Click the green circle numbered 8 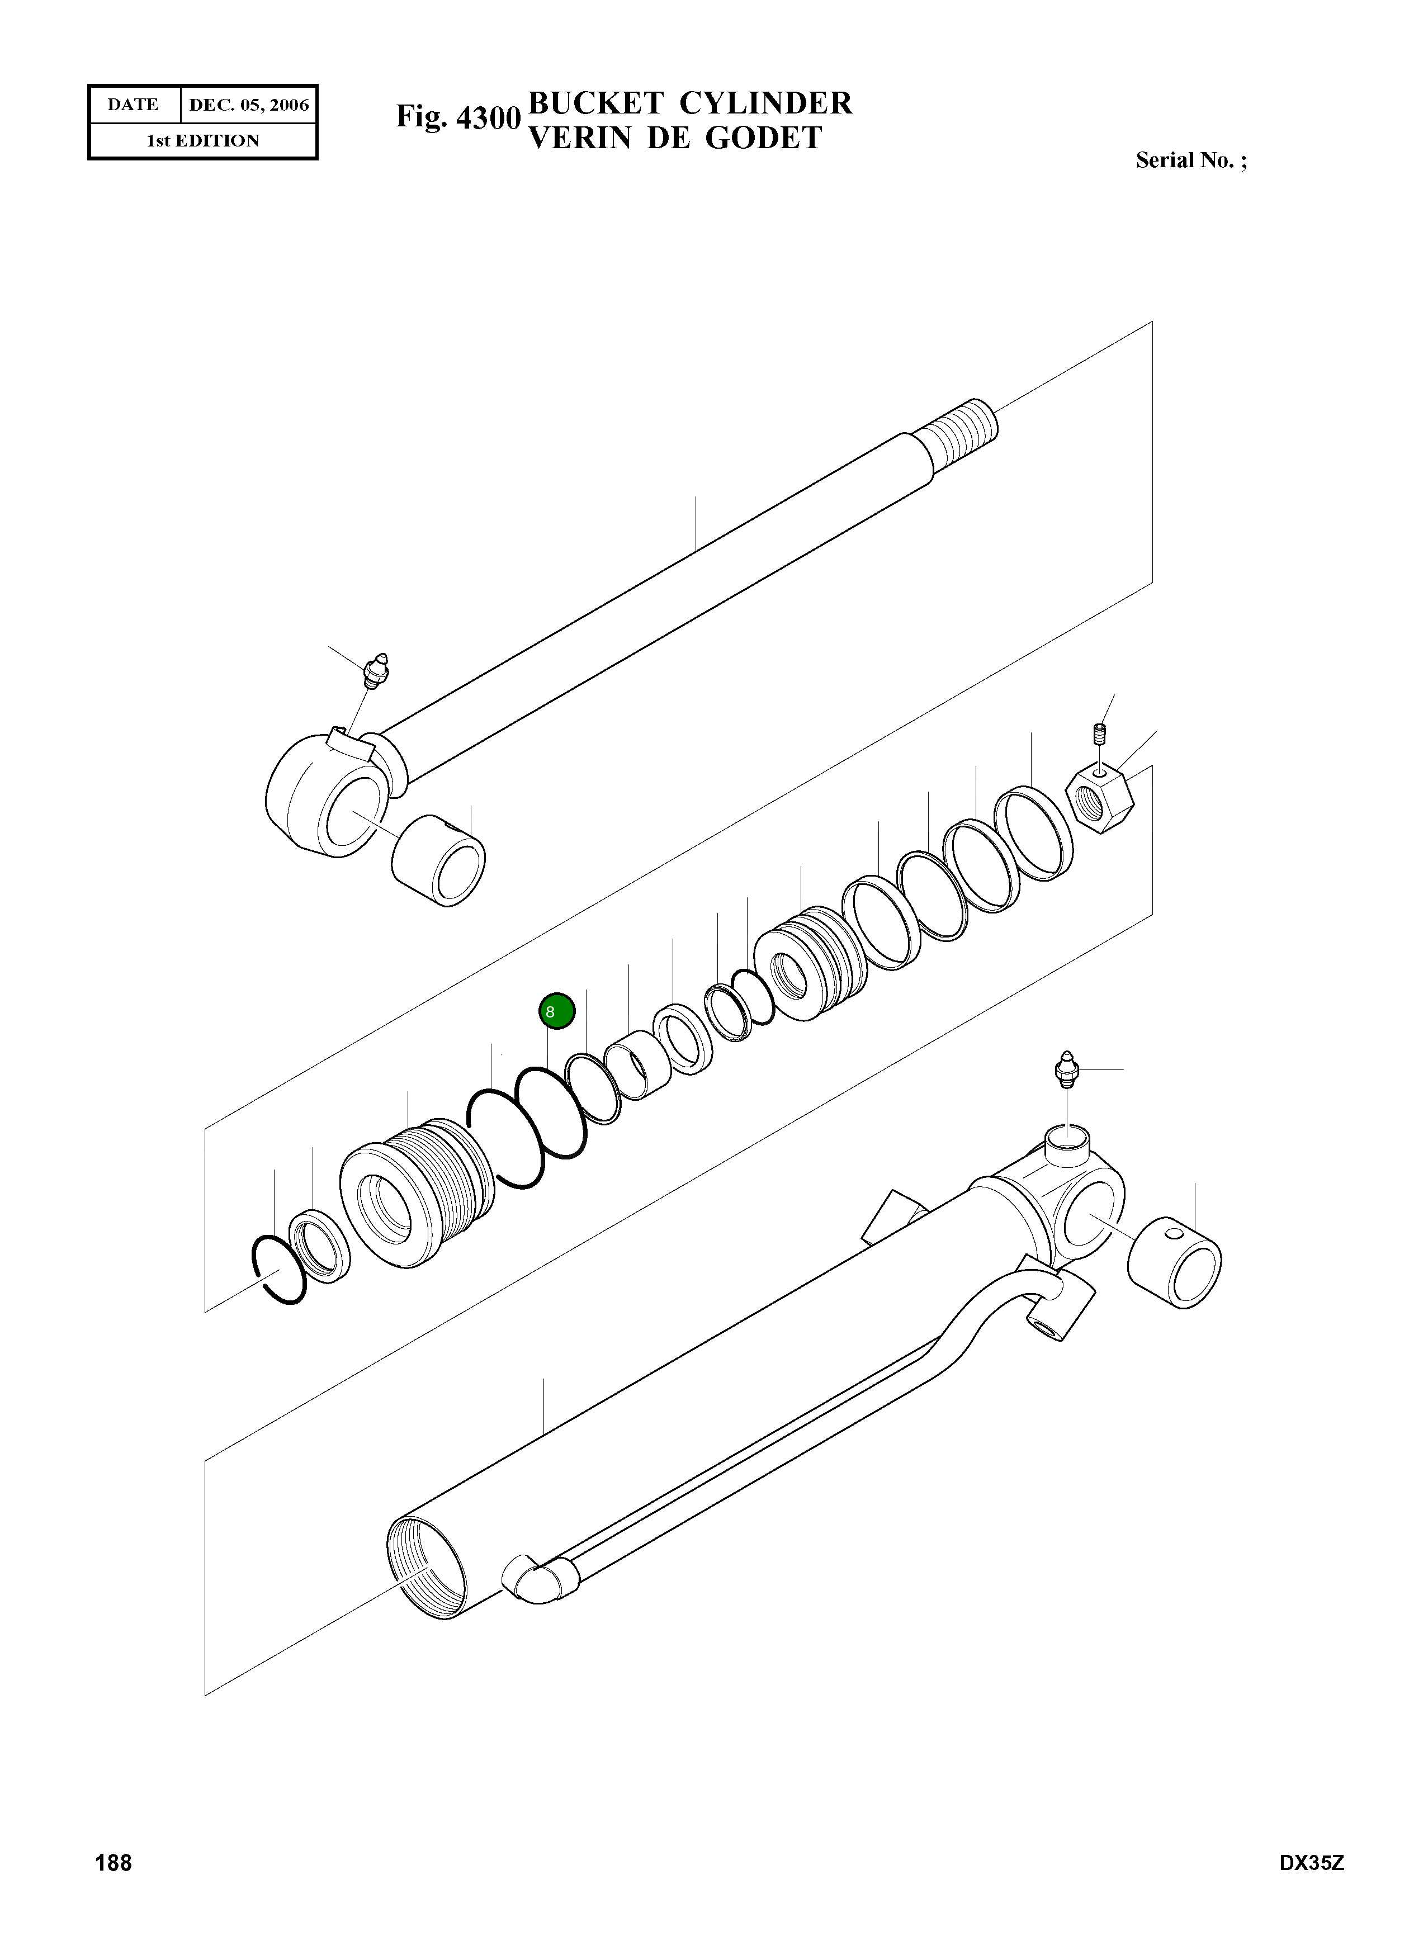point(557,1010)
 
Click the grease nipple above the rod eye point(377,671)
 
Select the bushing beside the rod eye point(438,859)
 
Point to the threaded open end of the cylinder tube point(425,1567)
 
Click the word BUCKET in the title point(595,104)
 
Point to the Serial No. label point(1190,161)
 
